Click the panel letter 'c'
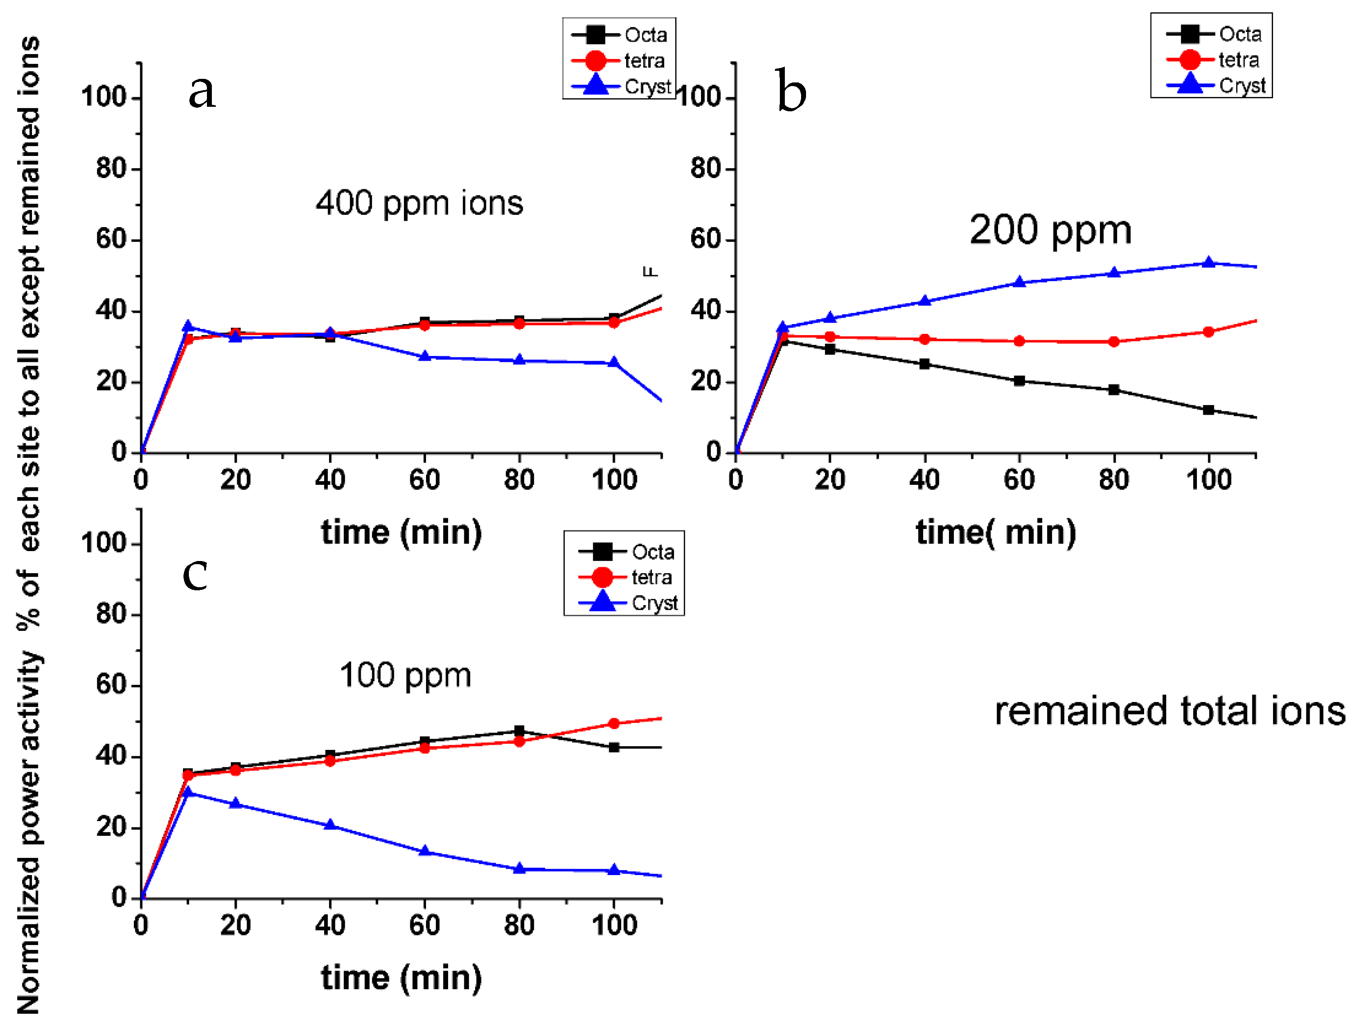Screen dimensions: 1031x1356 [195, 575]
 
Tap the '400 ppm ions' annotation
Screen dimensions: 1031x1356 [419, 203]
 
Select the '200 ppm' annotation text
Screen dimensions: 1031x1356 [1050, 231]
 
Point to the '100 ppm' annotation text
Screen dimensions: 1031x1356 [405, 675]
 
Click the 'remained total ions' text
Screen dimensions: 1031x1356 [1169, 712]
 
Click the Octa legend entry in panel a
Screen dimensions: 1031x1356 [620, 35]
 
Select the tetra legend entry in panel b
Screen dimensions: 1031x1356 [1212, 60]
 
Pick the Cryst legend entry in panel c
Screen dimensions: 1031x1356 [629, 603]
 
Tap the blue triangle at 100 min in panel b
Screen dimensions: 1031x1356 [1209, 263]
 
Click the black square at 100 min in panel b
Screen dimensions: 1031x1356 [1209, 410]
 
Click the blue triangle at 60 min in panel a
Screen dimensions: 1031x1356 [425, 356]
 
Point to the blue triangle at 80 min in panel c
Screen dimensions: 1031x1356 [519, 868]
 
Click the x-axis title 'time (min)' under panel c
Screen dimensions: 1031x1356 [402, 978]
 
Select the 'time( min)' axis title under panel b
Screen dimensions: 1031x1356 [996, 532]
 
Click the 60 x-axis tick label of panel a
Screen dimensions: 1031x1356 [425, 479]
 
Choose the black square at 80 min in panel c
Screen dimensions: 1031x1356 [519, 730]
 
